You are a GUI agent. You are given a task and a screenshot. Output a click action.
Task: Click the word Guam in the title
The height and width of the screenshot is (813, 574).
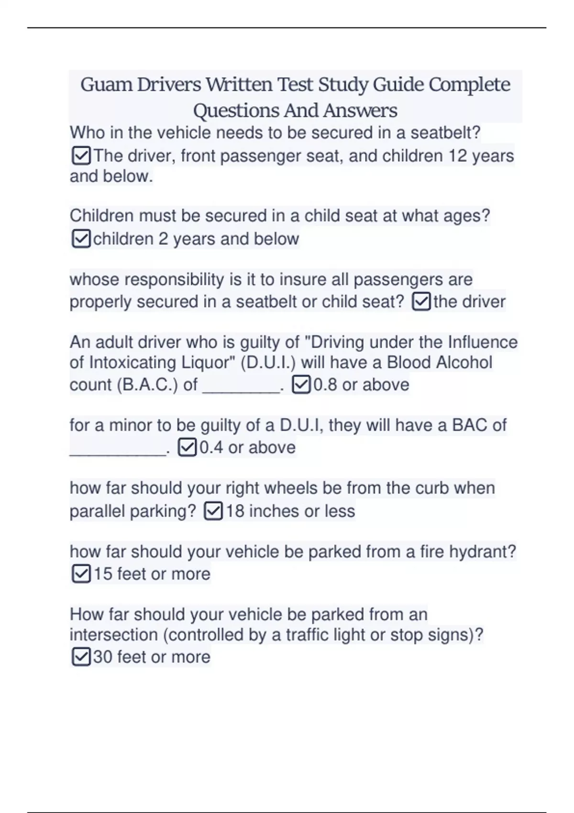click(106, 85)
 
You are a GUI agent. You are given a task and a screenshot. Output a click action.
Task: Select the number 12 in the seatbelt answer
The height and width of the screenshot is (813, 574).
click(457, 156)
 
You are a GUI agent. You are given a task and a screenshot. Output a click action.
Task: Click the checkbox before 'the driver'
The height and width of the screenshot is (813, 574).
click(421, 302)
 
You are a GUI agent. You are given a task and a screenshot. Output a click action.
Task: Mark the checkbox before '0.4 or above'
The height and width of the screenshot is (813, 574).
click(187, 448)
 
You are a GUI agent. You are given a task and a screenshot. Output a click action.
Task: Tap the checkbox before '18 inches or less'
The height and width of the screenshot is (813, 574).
click(213, 511)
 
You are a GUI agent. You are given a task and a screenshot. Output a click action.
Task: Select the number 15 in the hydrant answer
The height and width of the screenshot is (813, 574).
click(102, 574)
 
